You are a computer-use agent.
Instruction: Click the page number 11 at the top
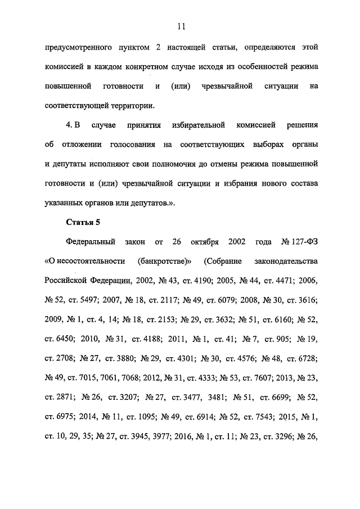coord(180,26)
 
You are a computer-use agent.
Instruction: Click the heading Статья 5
coord(82,222)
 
